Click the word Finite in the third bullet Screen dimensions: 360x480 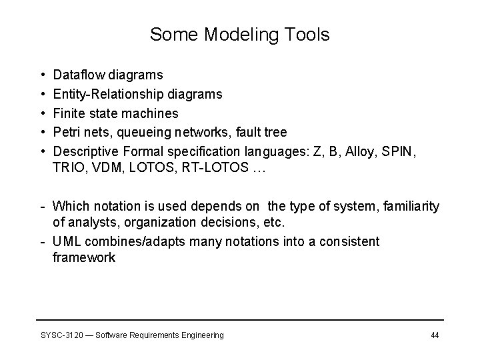coord(69,113)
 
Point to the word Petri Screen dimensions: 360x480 coord(67,132)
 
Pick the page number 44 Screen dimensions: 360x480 coord(434,335)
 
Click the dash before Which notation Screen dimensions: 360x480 coord(42,206)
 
